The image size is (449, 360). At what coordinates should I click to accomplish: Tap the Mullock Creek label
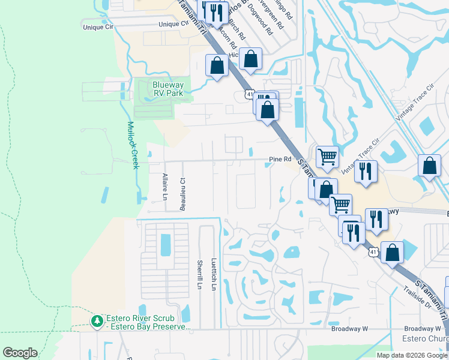133,145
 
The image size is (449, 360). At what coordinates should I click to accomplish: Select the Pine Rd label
280,159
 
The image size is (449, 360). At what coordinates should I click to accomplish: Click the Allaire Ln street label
164,187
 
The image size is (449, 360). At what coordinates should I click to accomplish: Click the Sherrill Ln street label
199,275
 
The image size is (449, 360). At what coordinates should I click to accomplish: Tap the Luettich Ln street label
213,275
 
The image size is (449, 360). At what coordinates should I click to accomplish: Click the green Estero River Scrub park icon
97,322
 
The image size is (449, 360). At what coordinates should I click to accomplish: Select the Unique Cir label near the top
173,24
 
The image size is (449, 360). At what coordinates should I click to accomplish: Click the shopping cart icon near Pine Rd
327,157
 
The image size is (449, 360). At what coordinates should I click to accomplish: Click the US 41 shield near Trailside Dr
373,253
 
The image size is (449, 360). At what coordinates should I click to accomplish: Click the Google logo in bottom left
20,353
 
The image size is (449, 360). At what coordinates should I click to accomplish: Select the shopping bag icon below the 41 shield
267,110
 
